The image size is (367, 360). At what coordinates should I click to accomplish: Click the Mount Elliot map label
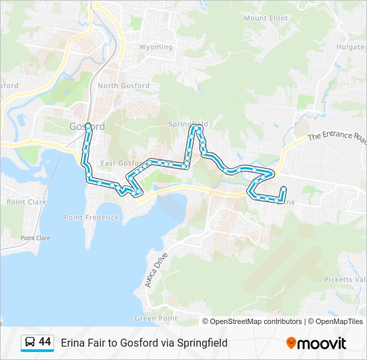(266, 18)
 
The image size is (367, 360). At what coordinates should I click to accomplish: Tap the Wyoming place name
(155, 47)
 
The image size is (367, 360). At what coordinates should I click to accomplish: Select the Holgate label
(350, 47)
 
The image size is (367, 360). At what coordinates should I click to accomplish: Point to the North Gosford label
(123, 86)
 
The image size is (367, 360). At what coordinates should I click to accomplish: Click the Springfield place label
(189, 124)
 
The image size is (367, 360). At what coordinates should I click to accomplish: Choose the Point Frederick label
(91, 217)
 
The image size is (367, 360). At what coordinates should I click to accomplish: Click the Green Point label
(156, 319)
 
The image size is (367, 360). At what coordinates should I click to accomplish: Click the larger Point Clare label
(25, 201)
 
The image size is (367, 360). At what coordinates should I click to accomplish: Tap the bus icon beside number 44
(30, 342)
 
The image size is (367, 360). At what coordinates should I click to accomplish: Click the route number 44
(45, 342)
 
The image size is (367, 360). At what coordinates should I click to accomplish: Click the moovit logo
(316, 343)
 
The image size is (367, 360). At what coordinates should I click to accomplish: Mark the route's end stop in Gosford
(87, 125)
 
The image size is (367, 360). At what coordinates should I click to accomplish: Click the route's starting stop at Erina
(284, 189)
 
